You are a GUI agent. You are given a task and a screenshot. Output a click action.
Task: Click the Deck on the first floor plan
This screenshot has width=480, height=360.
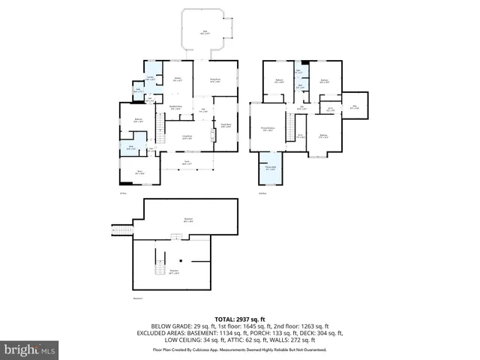click(206, 32)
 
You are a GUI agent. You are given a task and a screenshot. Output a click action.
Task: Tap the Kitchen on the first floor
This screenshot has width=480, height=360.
click(178, 79)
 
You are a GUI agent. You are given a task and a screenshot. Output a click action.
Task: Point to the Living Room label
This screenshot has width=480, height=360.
click(187, 137)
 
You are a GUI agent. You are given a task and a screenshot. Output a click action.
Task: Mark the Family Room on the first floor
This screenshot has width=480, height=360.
click(225, 125)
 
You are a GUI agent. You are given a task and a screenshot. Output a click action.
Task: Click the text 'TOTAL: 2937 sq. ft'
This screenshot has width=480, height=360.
click(240, 319)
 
